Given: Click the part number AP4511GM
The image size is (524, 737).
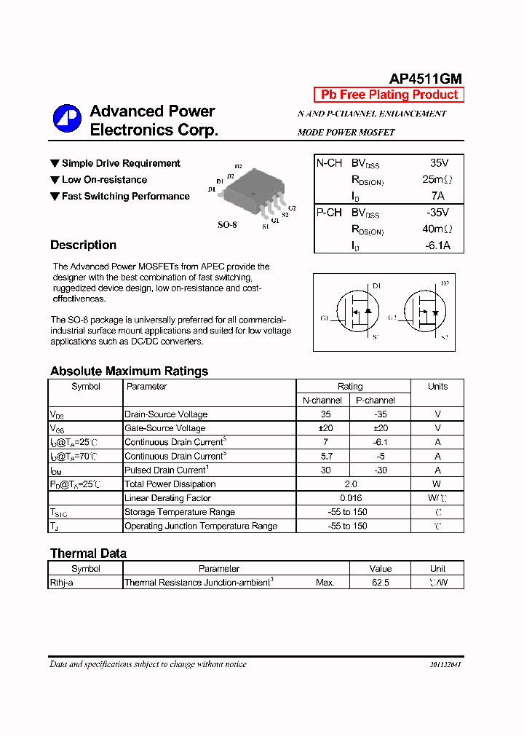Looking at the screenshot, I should (x=425, y=79).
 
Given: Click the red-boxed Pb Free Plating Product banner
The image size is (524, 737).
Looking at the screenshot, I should (x=389, y=95).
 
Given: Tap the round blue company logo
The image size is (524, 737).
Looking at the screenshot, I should (x=67, y=119).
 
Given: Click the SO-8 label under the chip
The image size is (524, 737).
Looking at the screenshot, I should (x=227, y=225).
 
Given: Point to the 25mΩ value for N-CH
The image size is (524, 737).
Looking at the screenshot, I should (x=437, y=179).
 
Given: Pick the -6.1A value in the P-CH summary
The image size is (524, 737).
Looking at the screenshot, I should (x=437, y=245).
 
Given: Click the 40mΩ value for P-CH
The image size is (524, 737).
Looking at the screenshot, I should (x=437, y=229).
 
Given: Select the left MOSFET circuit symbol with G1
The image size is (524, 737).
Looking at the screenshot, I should (x=354, y=312).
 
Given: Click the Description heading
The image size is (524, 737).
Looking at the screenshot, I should (x=83, y=245).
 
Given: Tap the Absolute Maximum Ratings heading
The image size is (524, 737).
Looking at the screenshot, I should (x=129, y=371).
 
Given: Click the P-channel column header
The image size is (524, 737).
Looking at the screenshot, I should (x=375, y=401).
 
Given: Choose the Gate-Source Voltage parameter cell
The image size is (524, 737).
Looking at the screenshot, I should (x=165, y=428).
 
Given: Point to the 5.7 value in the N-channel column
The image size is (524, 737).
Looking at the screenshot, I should (x=325, y=456).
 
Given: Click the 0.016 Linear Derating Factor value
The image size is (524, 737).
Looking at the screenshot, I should (x=350, y=498).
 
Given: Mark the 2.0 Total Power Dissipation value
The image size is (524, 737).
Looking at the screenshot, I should (x=350, y=484).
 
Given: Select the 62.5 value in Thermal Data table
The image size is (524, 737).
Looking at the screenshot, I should (x=380, y=583).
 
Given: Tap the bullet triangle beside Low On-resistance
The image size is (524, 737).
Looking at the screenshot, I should (x=55, y=180).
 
